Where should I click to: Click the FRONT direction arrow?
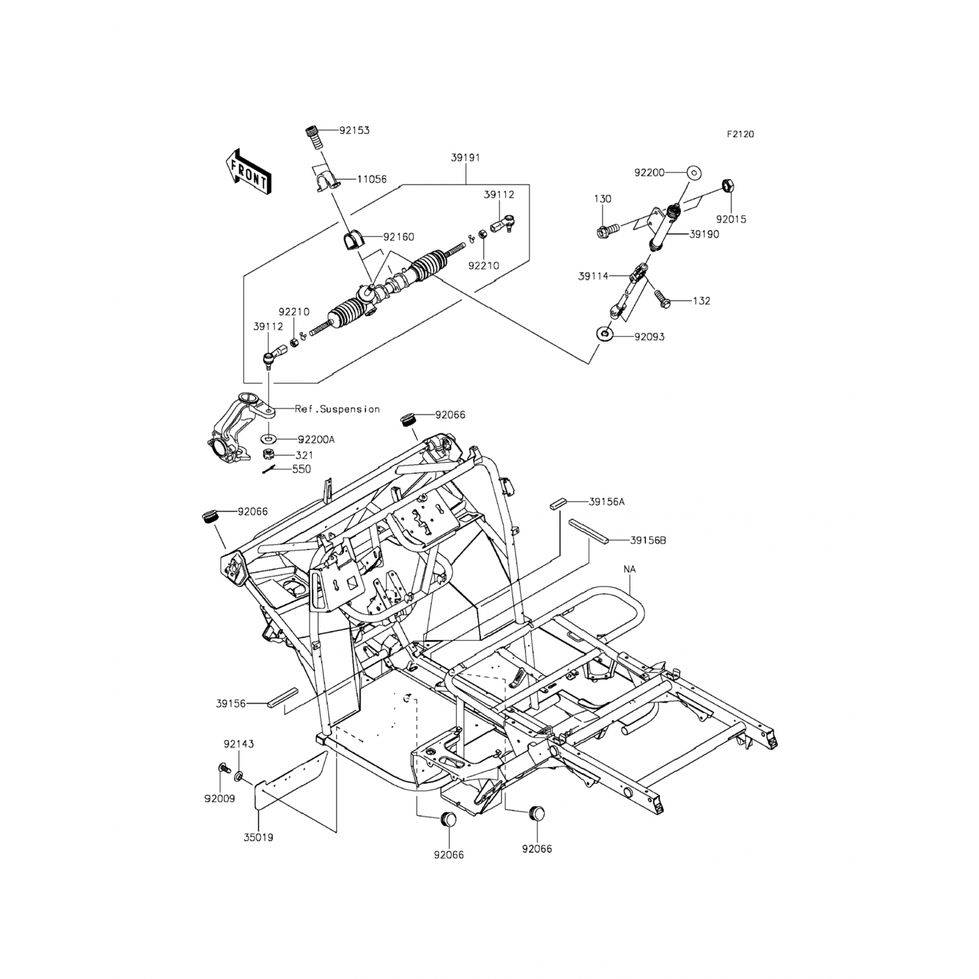[x=247, y=172]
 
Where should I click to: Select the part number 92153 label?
[x=354, y=131]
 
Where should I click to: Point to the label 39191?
[x=465, y=157]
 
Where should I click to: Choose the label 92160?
[x=398, y=237]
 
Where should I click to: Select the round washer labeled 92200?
[x=694, y=173]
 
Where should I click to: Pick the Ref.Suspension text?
[x=337, y=409]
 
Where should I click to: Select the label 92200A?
[x=316, y=440]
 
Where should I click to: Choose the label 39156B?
[x=648, y=540]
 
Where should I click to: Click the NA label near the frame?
[x=629, y=569]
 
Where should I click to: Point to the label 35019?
[x=258, y=837]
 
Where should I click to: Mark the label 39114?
[x=593, y=276]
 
